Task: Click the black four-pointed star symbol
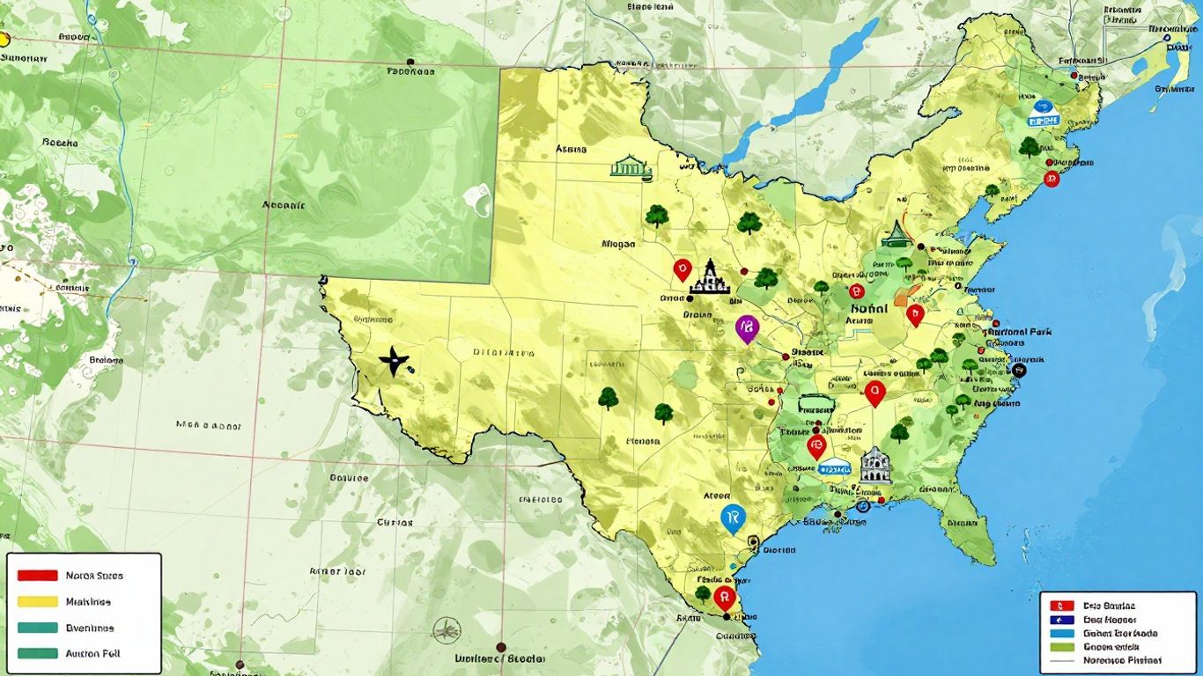[395, 361]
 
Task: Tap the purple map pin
[746, 328]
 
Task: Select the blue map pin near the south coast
[731, 518]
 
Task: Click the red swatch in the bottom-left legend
[37, 576]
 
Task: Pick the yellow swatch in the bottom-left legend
[37, 602]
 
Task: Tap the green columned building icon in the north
[630, 167]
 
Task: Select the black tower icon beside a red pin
[710, 277]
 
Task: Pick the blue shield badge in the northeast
[1043, 111]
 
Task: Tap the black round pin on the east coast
[1020, 371]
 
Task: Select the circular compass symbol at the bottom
[447, 628]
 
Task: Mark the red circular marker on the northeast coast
[1050, 179]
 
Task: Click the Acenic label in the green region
[284, 204]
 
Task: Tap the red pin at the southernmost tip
[724, 599]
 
